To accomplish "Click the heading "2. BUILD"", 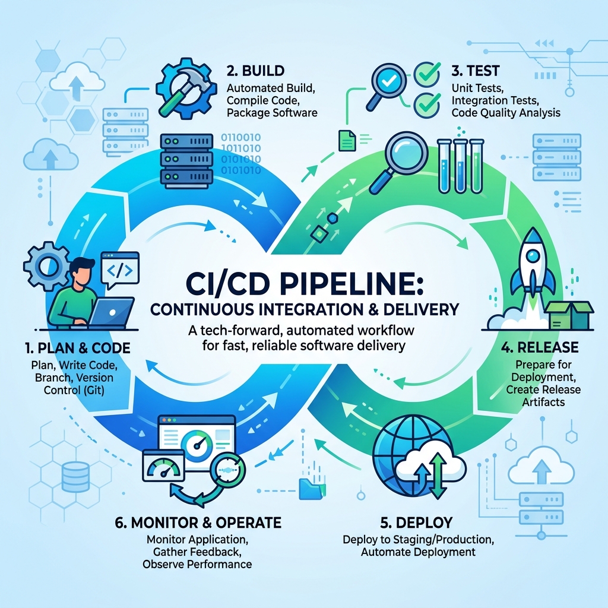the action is (255, 71).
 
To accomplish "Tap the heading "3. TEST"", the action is (476, 71).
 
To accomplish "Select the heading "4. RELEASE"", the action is (539, 347).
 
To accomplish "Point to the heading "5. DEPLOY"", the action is (416, 522).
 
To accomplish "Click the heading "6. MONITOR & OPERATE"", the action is (198, 522).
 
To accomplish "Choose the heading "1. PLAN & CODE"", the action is (78, 348).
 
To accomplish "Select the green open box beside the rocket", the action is (569, 315).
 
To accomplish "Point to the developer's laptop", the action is (112, 312).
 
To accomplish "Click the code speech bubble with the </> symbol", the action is (120, 270).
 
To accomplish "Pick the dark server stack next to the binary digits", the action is (186, 161).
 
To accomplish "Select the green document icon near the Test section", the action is (347, 140).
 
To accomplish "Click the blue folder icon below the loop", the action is (310, 489).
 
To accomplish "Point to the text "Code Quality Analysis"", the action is (506, 113).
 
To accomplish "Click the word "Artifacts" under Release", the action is (543, 402).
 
